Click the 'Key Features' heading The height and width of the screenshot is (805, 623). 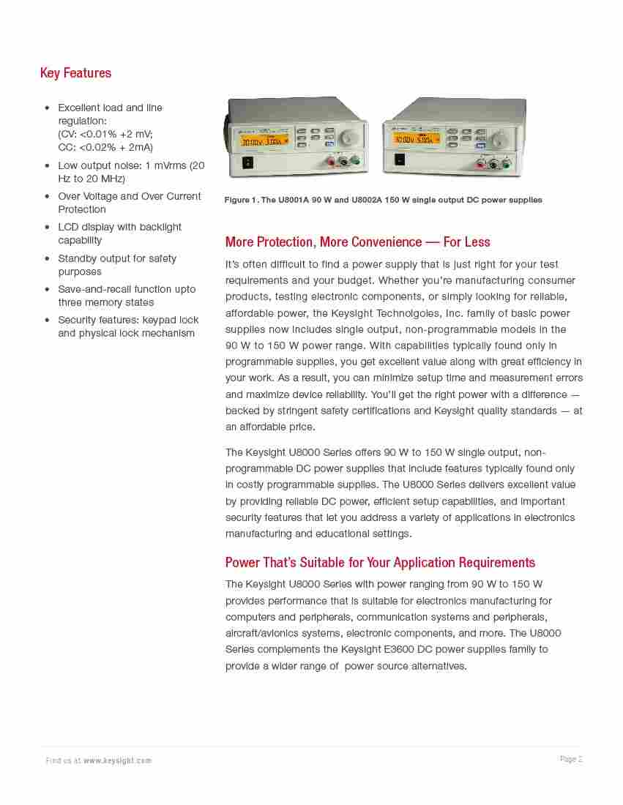tap(75, 73)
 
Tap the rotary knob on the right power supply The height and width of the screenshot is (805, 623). tap(501, 138)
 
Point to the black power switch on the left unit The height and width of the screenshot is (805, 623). tap(247, 162)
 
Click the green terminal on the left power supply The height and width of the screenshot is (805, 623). tap(354, 161)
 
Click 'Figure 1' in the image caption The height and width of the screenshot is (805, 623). tap(239, 201)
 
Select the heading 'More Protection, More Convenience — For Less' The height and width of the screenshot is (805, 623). tap(357, 242)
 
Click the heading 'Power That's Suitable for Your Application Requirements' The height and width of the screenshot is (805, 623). tap(380, 563)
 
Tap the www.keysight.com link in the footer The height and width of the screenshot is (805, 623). tap(117, 760)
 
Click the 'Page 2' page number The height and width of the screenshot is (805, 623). tap(571, 759)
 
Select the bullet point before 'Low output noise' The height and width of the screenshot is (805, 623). tap(47, 166)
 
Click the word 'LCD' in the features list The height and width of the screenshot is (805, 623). tap(68, 227)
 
